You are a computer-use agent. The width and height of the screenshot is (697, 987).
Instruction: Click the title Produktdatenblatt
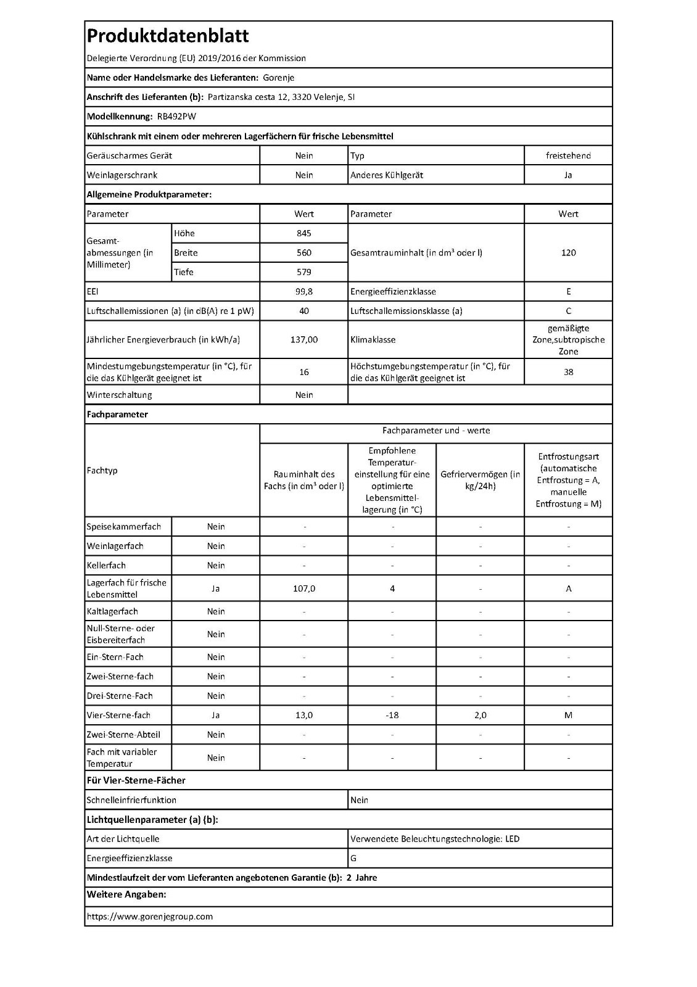tap(168, 36)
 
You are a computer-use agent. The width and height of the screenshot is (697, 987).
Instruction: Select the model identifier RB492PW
tap(176, 117)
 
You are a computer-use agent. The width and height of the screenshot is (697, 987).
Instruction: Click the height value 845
tap(304, 233)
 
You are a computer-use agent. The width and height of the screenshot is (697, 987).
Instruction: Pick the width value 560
tap(304, 253)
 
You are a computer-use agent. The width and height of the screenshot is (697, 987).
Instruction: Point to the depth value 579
tap(304, 272)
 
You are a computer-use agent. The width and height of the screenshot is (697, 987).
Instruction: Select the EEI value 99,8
tap(304, 292)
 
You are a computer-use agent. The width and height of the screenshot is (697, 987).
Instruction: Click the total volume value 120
tap(568, 253)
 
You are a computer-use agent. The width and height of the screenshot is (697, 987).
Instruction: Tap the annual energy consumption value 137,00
tap(304, 340)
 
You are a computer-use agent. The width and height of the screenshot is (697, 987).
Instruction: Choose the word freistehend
tap(568, 155)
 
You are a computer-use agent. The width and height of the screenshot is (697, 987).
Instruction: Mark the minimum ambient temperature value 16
tap(304, 372)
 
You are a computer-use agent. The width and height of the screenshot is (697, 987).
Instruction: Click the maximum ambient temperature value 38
tap(568, 372)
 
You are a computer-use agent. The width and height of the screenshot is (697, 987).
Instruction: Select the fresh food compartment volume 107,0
tap(304, 588)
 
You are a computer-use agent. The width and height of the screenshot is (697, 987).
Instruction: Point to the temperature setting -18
tap(392, 715)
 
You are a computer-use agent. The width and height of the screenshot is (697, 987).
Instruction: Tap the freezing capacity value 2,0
tap(480, 715)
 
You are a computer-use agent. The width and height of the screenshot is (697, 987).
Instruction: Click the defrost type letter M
tap(568, 715)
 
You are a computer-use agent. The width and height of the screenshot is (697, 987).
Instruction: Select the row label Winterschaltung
tap(119, 395)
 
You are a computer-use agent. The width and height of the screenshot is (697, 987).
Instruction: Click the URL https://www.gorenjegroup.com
tap(150, 917)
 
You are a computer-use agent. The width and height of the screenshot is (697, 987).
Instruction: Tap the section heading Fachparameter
tap(117, 415)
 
